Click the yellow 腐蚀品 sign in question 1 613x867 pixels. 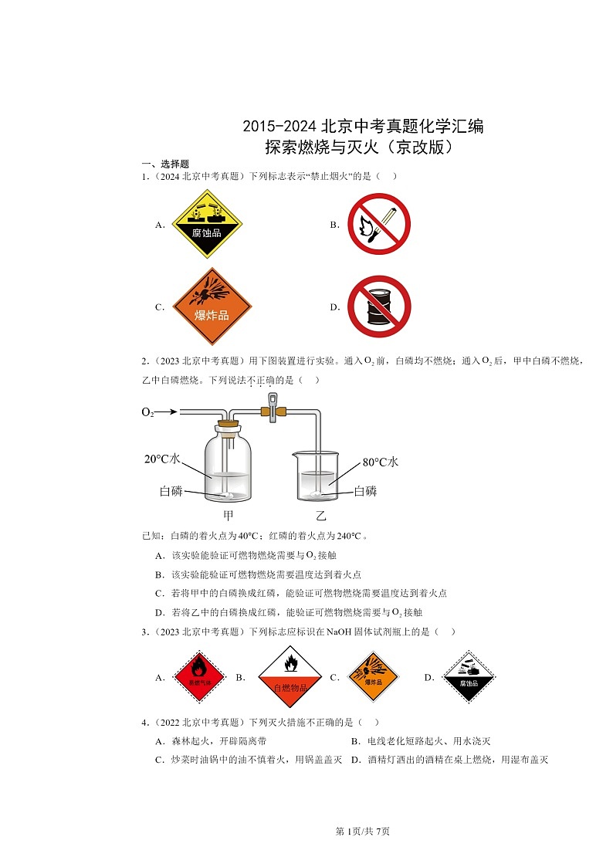(206, 224)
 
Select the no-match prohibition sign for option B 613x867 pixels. (378, 224)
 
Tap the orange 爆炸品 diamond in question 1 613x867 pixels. (211, 306)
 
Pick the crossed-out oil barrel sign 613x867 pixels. (378, 306)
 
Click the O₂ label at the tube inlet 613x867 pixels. (147, 413)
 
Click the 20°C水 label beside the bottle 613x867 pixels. (162, 459)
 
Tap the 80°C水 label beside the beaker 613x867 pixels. (380, 462)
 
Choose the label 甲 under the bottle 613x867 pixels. (228, 516)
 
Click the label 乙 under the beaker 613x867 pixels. (320, 516)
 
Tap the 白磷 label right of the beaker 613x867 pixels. (365, 491)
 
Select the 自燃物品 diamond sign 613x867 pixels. (291, 676)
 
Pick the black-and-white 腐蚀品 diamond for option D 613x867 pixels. (468, 676)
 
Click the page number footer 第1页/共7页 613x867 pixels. (362, 831)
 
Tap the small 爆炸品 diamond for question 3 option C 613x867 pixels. (373, 676)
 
